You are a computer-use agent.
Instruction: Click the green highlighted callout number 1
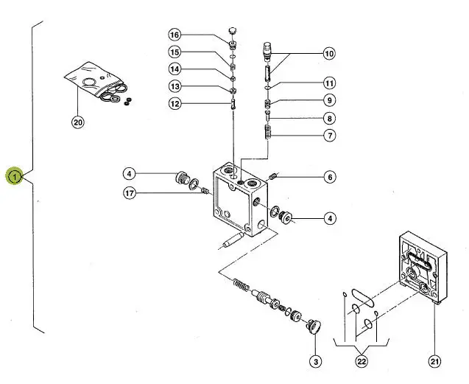point(15,176)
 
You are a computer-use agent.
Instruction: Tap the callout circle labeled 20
point(78,122)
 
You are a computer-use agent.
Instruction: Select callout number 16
point(174,35)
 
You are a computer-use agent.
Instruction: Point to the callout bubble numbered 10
point(329,54)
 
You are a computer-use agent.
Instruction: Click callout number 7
point(330,136)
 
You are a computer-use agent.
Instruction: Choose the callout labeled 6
point(330,177)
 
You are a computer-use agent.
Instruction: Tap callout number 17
point(130,193)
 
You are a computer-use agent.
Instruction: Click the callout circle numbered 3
point(316,362)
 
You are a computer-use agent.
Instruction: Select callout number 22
point(362,362)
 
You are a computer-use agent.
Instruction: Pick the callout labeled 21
point(434,362)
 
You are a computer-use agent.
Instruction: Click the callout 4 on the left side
point(130,174)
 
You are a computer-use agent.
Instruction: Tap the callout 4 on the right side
point(330,218)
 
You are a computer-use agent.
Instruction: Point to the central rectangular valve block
point(240,200)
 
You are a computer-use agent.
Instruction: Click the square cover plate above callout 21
point(423,268)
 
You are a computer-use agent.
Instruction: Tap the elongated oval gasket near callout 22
point(362,298)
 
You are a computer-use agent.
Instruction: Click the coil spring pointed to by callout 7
point(268,132)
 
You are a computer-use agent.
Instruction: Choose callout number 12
point(174,104)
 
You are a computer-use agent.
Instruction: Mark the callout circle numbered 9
point(330,100)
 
